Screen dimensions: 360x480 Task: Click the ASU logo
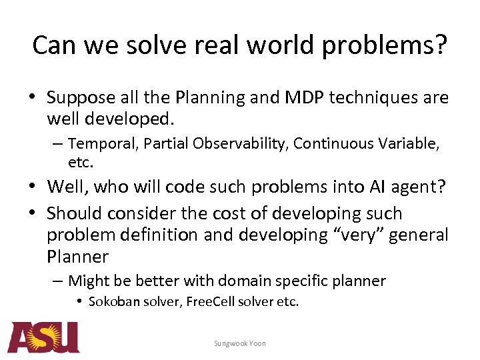pyautogui.click(x=43, y=337)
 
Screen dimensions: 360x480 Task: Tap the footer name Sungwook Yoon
pyautogui.click(x=239, y=343)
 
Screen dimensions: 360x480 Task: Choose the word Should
pyautogui.click(x=71, y=214)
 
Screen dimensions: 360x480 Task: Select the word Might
pyautogui.click(x=88, y=281)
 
